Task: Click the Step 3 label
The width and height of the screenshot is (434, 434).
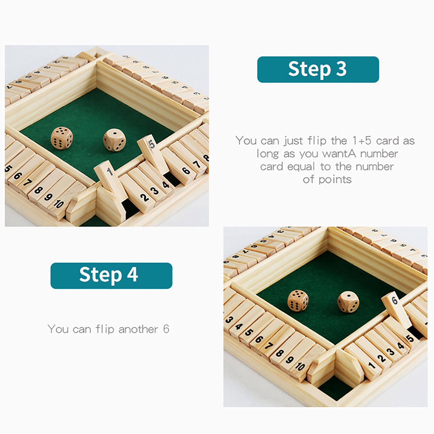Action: (x=318, y=69)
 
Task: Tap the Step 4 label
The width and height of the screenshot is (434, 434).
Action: (x=111, y=275)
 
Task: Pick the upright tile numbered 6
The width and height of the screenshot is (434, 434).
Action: (x=396, y=309)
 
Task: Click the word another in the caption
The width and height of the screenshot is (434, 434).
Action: (x=138, y=329)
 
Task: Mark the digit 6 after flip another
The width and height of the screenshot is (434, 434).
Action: (x=166, y=329)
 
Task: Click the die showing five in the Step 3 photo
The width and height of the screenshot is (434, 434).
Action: (x=62, y=138)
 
